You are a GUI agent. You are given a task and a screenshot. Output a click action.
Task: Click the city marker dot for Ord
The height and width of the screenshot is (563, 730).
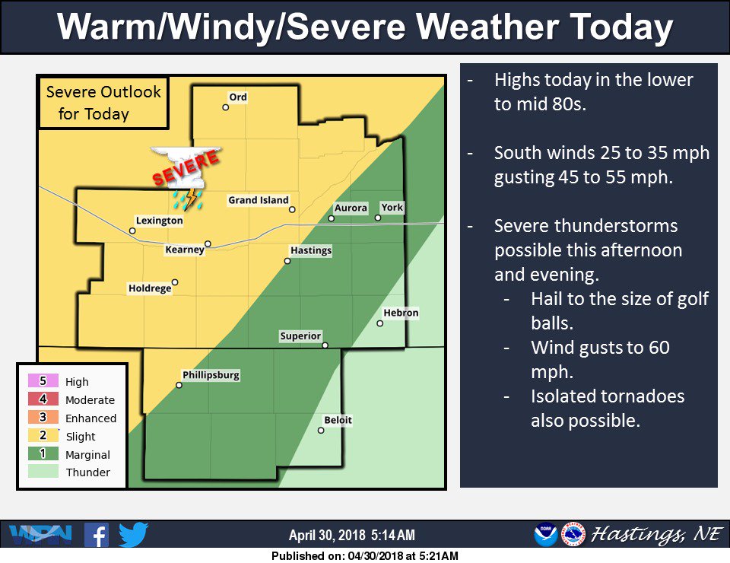pos(226,107)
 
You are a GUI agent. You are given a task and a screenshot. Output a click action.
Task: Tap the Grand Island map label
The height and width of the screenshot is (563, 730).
pos(259,201)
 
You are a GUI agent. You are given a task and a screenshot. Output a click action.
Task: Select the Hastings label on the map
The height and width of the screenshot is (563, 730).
pos(310,250)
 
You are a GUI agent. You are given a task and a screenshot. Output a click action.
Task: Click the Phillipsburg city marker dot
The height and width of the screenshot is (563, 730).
pos(179,385)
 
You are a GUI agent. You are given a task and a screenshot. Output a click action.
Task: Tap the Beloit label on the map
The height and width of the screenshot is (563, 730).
pos(338,420)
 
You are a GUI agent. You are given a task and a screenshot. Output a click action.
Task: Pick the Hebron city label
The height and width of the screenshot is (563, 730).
pos(401,313)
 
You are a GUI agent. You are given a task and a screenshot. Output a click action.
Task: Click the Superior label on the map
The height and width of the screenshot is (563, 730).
pos(300,336)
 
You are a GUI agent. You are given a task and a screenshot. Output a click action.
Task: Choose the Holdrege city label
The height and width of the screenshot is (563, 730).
pos(149,288)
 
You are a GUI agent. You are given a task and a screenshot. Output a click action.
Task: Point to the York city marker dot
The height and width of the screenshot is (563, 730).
pos(378,218)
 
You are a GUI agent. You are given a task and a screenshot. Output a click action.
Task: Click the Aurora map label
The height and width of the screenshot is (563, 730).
pos(351,208)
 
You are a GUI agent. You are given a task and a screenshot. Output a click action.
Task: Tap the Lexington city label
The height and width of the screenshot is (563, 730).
pos(160,221)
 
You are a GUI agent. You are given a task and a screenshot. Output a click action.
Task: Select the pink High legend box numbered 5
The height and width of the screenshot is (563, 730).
pos(43,381)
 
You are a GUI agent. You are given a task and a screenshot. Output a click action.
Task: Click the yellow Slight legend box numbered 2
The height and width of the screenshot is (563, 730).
pos(43,436)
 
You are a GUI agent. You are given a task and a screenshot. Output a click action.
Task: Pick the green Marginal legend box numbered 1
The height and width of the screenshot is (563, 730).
pos(43,454)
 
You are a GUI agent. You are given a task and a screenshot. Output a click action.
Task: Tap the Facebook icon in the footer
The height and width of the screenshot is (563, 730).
pos(96,534)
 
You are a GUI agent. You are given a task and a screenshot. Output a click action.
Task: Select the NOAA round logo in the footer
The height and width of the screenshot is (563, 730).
pos(545,535)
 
